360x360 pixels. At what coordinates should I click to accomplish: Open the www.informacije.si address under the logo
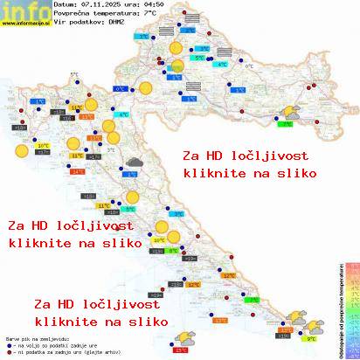(x=25, y=24)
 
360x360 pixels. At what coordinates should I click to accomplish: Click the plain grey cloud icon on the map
(x=133, y=162)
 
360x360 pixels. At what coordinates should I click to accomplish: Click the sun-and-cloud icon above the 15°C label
(x=184, y=336)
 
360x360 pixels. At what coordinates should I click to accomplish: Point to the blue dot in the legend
(x=8, y=345)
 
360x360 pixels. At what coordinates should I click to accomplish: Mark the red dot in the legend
(x=8, y=353)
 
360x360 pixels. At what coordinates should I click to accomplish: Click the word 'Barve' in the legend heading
(x=12, y=336)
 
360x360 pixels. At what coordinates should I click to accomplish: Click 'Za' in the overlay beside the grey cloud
(x=191, y=156)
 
